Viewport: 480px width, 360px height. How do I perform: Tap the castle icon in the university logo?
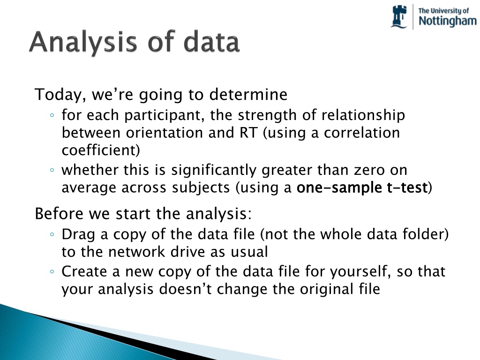click(x=399, y=17)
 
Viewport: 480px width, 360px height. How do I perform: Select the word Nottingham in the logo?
click(x=448, y=21)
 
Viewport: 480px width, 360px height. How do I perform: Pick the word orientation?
click(x=165, y=133)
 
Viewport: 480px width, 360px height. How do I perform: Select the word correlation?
click(x=362, y=133)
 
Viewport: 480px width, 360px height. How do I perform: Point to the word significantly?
click(x=214, y=170)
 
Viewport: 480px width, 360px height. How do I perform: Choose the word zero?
click(x=369, y=170)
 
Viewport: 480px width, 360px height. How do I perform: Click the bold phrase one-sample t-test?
click(x=362, y=187)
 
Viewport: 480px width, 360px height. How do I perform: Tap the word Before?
click(x=59, y=213)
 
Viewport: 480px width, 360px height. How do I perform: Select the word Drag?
click(x=78, y=235)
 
